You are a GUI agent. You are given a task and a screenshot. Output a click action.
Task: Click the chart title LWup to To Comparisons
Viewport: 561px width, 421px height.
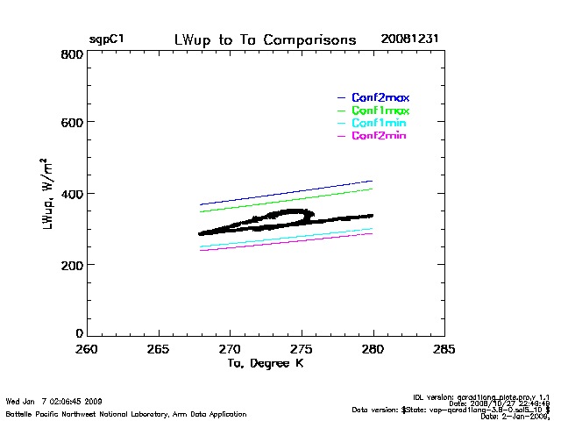tap(266, 40)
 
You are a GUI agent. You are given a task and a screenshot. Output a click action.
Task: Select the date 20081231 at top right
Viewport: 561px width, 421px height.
tap(409, 40)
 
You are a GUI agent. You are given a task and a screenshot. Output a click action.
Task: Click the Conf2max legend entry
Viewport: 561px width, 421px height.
tap(380, 97)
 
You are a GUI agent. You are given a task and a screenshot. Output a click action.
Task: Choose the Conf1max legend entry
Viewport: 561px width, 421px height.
tap(380, 111)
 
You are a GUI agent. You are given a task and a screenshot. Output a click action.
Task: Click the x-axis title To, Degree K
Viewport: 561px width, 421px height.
tap(266, 363)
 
